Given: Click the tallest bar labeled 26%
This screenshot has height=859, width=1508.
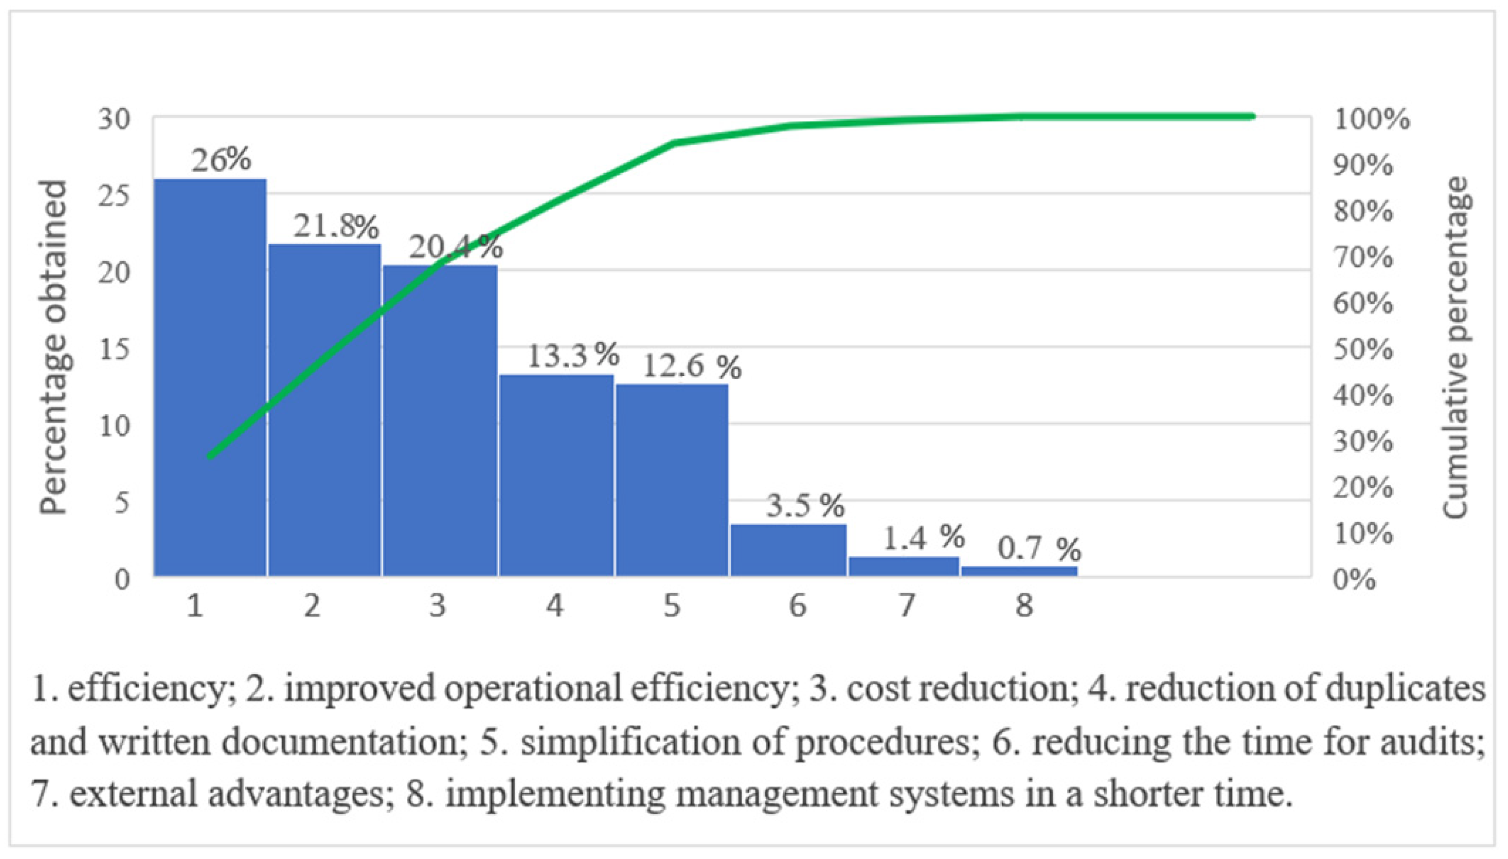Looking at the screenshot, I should click(x=209, y=377).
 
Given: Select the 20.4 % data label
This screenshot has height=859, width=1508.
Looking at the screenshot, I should click(x=455, y=247).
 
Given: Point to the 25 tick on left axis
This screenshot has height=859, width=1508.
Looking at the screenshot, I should click(x=114, y=196).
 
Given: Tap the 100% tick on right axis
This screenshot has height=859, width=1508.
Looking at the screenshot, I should click(x=1371, y=120).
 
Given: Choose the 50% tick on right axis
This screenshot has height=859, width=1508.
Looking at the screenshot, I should click(x=1363, y=350).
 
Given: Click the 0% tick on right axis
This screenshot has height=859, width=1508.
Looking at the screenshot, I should click(x=1354, y=580).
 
